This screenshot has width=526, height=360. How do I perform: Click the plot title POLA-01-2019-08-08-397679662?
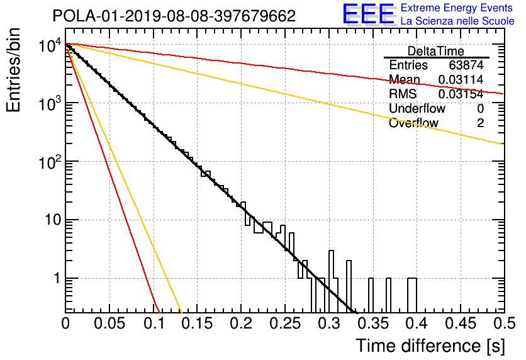pyautogui.click(x=174, y=16)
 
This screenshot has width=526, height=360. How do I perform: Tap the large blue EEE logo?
pyautogui.click(x=369, y=14)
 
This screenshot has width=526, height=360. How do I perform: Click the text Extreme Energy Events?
pyautogui.click(x=457, y=8)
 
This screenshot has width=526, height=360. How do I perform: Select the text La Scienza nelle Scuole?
pyautogui.click(x=457, y=21)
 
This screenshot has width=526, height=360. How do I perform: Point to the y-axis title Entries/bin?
pyautogui.click(x=13, y=70)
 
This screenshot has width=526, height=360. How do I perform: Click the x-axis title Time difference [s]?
pyautogui.click(x=430, y=346)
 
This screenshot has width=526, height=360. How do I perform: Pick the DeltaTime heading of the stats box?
pyautogui.click(x=436, y=51)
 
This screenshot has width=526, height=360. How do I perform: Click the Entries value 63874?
pyautogui.click(x=466, y=65)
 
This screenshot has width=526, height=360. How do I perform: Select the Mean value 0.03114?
pyautogui.click(x=461, y=79)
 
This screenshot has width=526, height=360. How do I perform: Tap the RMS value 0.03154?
pyautogui.click(x=461, y=94)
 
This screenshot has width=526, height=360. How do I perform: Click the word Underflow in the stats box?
pyautogui.click(x=417, y=108)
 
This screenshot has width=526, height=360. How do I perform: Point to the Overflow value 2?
pyautogui.click(x=480, y=123)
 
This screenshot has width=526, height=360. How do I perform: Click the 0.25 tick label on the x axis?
pyautogui.click(x=286, y=323)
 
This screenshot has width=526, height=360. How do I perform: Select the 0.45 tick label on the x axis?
pyautogui.click(x=461, y=323)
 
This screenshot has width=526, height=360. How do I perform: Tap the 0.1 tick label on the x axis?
pyautogui.click(x=154, y=323)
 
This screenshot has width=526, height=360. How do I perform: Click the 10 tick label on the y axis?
pyautogui.click(x=53, y=220)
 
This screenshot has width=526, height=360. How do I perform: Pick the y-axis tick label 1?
pyautogui.click(x=58, y=278)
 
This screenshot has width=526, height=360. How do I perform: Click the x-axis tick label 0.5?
pyautogui.click(x=505, y=323)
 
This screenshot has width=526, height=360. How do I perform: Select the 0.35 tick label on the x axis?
pyautogui.click(x=373, y=323)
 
